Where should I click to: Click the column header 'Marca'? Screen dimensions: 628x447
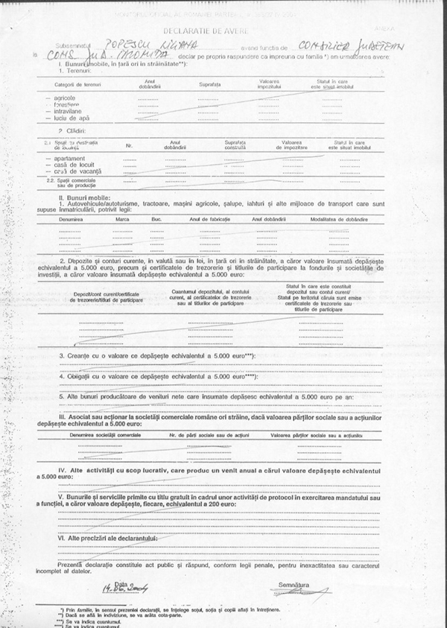point(124,220)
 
